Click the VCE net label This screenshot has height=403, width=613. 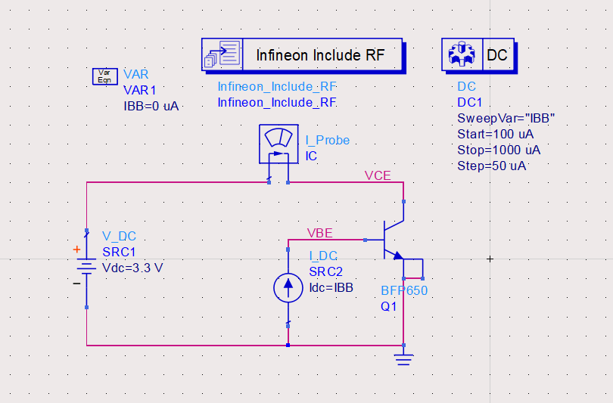coord(378,175)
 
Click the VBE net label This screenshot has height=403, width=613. coord(319,232)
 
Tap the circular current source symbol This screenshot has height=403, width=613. coord(288,287)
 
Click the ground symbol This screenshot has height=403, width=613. coord(404,359)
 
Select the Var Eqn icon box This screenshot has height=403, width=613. coord(104,76)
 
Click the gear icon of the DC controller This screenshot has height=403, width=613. coord(459,55)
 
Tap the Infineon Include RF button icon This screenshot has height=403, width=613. coord(222,55)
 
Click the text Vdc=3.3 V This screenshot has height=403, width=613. coord(132,268)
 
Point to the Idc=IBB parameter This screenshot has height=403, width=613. coord(331,287)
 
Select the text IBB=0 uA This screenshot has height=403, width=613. coord(151,106)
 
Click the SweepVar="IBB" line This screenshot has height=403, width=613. coord(506,119)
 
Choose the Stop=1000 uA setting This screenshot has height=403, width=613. coord(499,150)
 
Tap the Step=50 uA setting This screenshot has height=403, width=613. coord(491,166)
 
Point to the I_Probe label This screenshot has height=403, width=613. coord(327,141)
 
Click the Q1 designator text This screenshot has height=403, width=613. coord(388,306)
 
